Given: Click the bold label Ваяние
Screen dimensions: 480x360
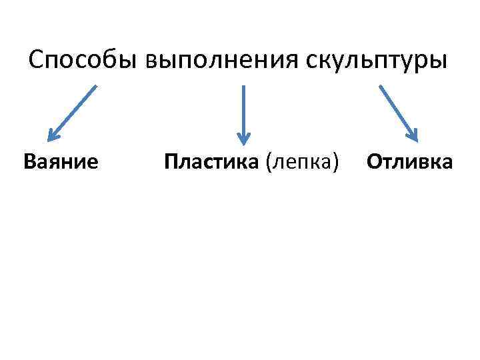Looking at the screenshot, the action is tap(61, 162).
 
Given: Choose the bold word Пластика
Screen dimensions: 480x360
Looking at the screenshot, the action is tap(213, 162).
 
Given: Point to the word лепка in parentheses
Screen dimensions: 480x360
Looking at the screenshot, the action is tap(302, 162).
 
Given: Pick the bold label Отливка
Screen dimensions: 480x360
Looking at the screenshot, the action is tap(410, 162).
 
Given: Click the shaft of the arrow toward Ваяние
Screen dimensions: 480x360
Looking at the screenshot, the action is tap(75, 109).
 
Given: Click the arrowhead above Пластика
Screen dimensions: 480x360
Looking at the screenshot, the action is tap(243, 139).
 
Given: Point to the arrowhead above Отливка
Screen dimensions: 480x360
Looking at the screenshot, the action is tap(413, 135).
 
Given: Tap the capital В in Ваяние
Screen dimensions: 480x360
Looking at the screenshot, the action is tap(29, 162).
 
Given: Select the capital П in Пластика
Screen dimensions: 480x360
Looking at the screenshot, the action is tap(171, 162).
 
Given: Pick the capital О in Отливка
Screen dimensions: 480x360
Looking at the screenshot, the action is tap(373, 162).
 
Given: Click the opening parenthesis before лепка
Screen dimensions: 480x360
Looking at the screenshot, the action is tap(269, 162).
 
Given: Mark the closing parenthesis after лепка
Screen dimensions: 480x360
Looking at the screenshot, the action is tap(336, 162).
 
